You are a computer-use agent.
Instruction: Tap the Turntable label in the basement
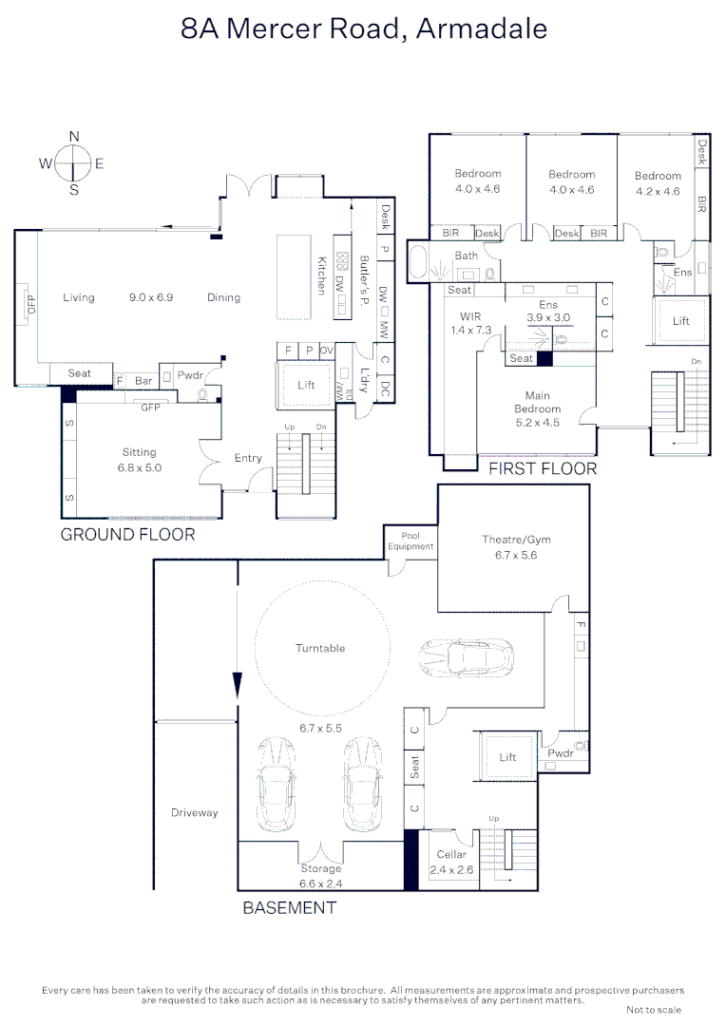tap(320, 648)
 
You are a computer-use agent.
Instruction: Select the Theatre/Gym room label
tap(515, 541)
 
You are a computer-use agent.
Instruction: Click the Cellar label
tap(452, 855)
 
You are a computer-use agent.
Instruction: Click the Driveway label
tap(195, 812)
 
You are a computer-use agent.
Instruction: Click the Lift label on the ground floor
tap(306, 385)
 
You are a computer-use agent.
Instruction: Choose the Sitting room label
tap(139, 452)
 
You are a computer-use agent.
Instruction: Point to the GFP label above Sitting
tap(150, 407)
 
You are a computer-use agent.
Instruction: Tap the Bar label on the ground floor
tap(143, 380)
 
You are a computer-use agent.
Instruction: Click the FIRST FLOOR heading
tap(543, 468)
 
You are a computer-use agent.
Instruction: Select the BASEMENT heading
tap(289, 907)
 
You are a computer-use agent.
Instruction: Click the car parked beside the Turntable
tap(467, 656)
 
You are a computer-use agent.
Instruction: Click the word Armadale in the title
tap(482, 28)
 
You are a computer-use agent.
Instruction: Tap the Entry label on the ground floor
tap(248, 458)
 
